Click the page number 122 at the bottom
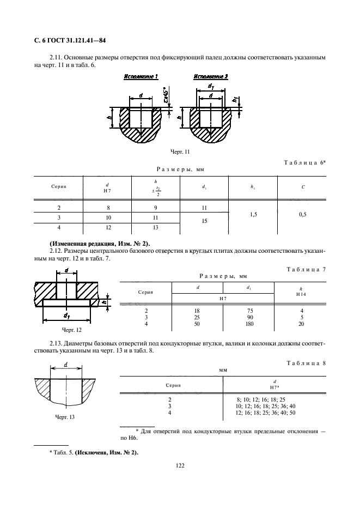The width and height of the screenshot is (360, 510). [x=180, y=466]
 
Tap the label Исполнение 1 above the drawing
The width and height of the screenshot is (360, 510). [x=141, y=76]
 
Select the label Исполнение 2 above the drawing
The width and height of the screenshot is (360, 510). [x=210, y=76]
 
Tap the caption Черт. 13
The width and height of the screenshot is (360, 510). [x=65, y=417]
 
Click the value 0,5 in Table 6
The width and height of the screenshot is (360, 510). [x=303, y=215]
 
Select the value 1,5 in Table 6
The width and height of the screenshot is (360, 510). [x=253, y=215]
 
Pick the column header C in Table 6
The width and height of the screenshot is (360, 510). [x=303, y=187]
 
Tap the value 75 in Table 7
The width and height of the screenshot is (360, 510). [x=249, y=310]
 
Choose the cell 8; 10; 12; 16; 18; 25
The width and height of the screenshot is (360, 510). [x=260, y=399]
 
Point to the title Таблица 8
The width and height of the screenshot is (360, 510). [x=305, y=362]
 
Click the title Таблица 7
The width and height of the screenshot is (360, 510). [x=305, y=270]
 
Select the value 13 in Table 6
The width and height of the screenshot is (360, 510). [x=156, y=228]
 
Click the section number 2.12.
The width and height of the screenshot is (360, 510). [x=57, y=251]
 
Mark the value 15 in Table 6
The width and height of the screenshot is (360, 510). [x=204, y=221]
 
